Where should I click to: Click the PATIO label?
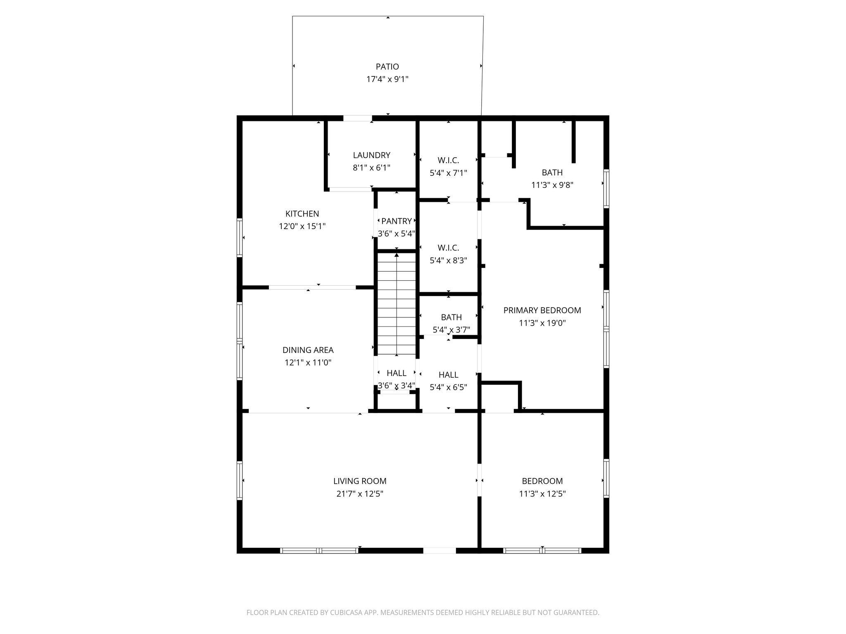pos(387,66)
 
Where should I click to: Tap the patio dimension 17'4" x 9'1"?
pos(387,79)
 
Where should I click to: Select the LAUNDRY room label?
pos(371,155)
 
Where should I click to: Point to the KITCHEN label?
pos(302,214)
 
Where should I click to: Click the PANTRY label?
pos(396,221)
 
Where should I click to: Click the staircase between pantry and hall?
pos(397,304)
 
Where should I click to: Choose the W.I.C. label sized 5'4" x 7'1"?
pos(448,160)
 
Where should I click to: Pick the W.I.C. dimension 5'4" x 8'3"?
pos(448,260)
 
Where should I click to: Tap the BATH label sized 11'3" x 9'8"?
pos(552,173)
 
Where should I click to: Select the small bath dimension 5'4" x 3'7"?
pos(451,330)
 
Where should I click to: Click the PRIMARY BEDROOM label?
pos(542,310)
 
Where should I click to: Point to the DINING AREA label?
pos(308,350)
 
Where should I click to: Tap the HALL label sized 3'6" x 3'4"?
pos(396,373)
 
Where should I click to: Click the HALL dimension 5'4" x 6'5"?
pos(448,387)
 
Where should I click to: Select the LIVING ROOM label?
pos(360,481)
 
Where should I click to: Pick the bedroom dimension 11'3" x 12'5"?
pos(542,494)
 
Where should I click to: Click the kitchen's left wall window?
pos(239,237)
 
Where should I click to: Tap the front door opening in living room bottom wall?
pos(440,550)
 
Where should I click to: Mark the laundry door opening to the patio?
pos(357,118)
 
